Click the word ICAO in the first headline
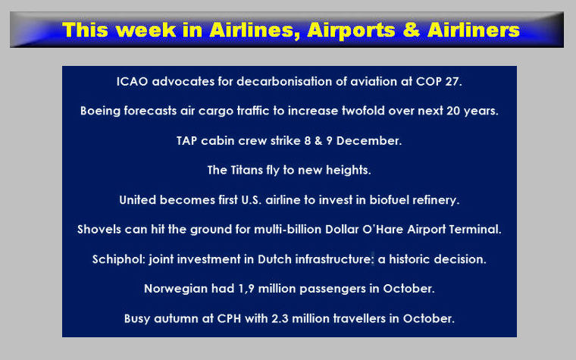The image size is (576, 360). point(132,81)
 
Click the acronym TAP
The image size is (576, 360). point(186,141)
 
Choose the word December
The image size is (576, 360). point(368,141)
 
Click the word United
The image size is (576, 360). point(136,200)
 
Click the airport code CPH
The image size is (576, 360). point(229,318)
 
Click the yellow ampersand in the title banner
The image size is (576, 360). point(412,30)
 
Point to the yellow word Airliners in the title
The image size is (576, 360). point(474,30)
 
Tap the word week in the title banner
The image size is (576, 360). point(148,30)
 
